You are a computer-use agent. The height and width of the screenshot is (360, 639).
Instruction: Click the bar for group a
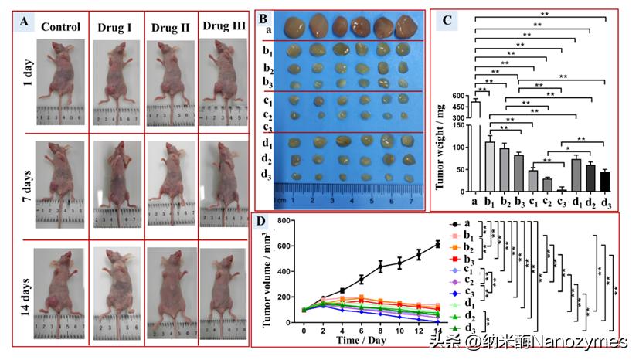pyautogui.click(x=476, y=146)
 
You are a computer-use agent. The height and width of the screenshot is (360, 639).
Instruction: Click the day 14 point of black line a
pyautogui.click(x=437, y=244)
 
